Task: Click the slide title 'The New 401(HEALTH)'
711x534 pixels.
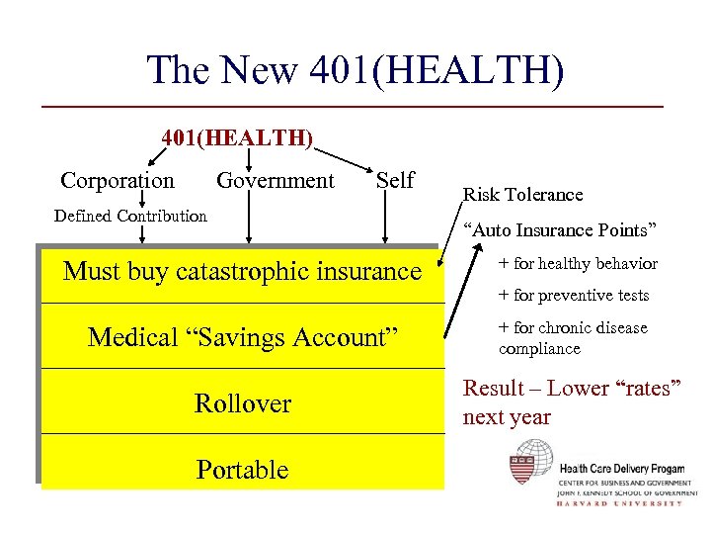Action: click(355, 71)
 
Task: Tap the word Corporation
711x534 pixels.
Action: click(118, 181)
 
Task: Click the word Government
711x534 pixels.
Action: click(276, 181)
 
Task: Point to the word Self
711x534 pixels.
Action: click(395, 181)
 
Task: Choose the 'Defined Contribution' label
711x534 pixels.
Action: click(130, 216)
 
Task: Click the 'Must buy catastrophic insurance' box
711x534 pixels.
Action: click(242, 271)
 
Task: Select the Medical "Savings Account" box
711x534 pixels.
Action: click(242, 337)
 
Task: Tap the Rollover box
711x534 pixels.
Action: click(242, 403)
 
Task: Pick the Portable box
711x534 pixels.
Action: click(242, 469)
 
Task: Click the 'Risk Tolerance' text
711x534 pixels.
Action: click(523, 195)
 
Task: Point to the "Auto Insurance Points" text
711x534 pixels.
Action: click(560, 230)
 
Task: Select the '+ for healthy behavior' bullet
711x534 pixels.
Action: click(578, 263)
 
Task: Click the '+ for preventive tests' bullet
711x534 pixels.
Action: click(574, 295)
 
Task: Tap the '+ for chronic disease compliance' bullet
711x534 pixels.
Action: click(573, 338)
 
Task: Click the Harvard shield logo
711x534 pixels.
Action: click(529, 462)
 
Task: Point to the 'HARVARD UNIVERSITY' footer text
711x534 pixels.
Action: click(619, 503)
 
